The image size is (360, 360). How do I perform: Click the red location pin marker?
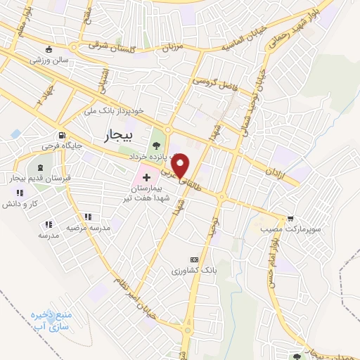click(x=181, y=165)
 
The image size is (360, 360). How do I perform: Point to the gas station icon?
click(x=63, y=136)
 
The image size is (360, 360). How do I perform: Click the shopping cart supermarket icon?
click(x=290, y=219)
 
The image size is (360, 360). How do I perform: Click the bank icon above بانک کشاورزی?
click(x=194, y=259)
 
